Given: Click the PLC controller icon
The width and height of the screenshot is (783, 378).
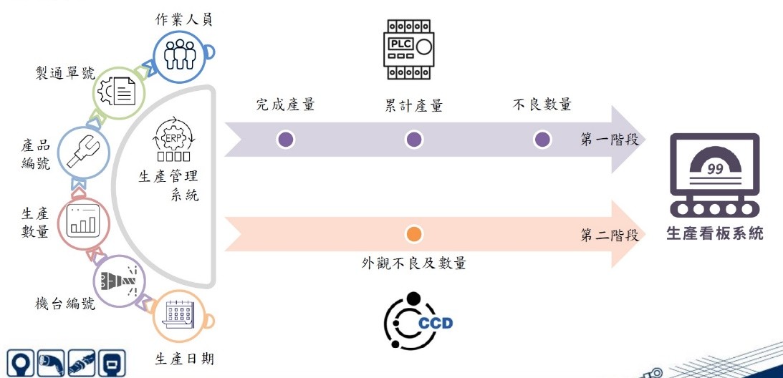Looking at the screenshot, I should (409, 49).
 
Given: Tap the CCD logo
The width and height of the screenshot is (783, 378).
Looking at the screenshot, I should (419, 321).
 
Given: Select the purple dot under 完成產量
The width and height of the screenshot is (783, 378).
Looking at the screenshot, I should (285, 140).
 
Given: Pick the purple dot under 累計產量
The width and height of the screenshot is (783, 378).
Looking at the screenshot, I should (413, 140).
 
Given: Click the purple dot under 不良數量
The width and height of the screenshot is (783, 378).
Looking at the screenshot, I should (542, 140).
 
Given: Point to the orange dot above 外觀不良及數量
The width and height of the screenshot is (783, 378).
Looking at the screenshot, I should (413, 234).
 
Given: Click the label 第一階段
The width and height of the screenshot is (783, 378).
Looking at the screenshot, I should (609, 139).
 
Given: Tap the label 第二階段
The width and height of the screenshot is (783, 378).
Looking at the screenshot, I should (609, 234).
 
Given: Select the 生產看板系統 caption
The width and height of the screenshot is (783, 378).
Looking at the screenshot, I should (714, 233).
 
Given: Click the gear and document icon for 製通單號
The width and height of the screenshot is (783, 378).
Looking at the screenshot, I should (120, 92).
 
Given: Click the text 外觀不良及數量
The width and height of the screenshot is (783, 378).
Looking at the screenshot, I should (414, 263).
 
